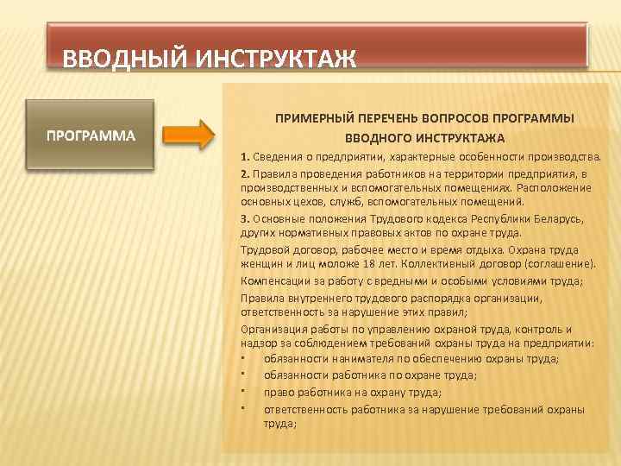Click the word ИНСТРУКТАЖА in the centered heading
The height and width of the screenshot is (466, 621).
coord(462,137)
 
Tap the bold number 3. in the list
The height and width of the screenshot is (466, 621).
coord(246,218)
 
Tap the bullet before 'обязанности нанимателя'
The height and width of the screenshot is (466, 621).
coord(245,359)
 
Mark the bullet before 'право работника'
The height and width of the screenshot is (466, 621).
coord(245,392)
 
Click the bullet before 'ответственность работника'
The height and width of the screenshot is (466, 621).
coord(245,408)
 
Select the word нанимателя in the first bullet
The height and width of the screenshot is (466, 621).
coord(362,359)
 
